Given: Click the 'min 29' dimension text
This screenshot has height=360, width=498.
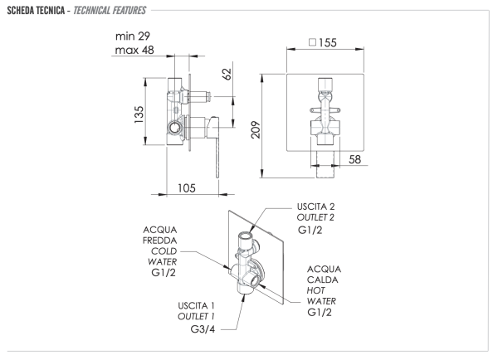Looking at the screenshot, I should click(134, 36).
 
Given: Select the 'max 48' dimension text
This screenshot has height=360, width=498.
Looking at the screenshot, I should click(135, 51).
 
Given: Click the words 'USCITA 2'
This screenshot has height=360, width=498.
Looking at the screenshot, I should click(317, 205).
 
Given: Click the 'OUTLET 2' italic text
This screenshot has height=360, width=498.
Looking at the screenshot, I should click(317, 216).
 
